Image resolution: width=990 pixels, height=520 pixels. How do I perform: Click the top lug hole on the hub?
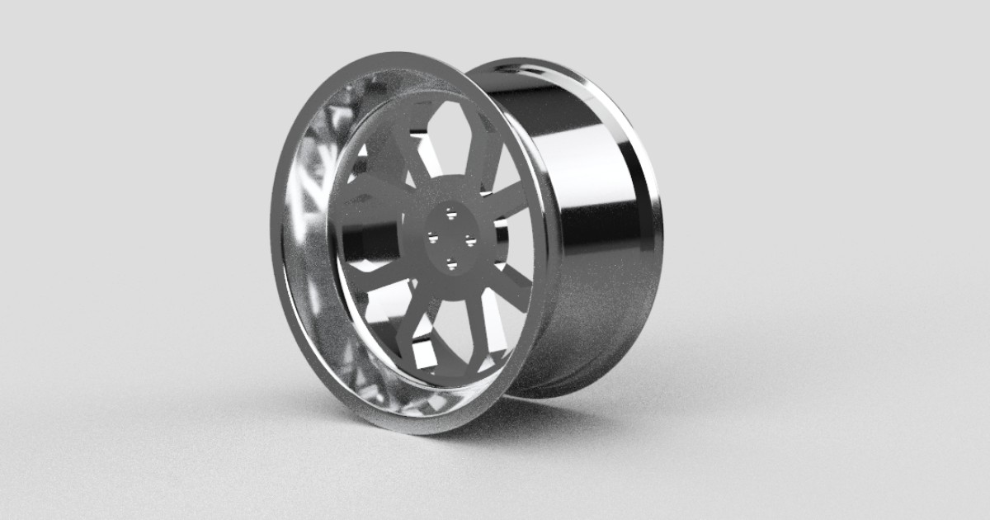[450, 214]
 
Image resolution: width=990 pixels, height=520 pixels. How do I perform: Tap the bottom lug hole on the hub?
[451, 264]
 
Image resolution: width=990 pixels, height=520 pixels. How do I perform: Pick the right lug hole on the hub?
[469, 241]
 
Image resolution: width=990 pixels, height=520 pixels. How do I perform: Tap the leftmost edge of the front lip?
[276, 248]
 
